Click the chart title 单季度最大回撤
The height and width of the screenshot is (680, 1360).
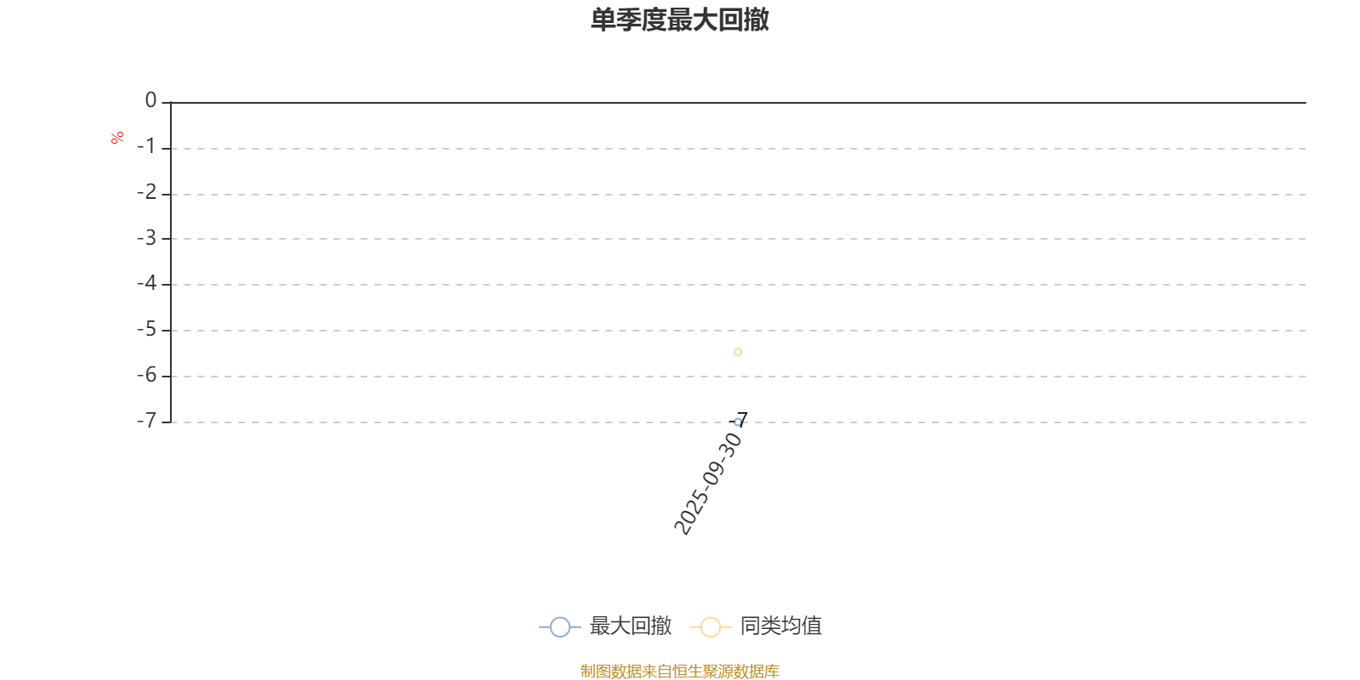click(680, 20)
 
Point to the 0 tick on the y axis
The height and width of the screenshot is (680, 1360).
click(151, 101)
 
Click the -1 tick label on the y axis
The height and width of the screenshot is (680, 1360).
click(147, 147)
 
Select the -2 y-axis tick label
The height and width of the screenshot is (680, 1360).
click(147, 193)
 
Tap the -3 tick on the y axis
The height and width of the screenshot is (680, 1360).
click(147, 238)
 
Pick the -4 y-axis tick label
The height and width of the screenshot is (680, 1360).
click(147, 283)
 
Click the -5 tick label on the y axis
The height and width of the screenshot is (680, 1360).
click(147, 329)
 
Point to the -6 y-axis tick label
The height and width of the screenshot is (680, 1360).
click(147, 375)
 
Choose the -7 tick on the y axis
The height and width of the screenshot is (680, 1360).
click(147, 421)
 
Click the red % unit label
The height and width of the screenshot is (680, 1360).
click(117, 138)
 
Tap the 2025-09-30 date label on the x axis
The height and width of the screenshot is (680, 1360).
click(708, 484)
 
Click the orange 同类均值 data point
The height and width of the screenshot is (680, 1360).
click(738, 352)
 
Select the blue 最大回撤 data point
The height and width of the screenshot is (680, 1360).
click(738, 422)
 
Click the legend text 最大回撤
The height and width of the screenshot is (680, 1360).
click(631, 626)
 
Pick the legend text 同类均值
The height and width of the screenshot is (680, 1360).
click(780, 626)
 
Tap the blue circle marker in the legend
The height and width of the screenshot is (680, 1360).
click(559, 627)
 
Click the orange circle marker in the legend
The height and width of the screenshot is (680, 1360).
click(710, 627)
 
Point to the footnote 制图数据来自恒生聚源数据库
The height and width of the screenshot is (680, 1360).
click(680, 671)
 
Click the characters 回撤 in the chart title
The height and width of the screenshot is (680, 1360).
click(744, 20)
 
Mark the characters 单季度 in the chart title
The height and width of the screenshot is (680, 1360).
click(628, 20)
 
